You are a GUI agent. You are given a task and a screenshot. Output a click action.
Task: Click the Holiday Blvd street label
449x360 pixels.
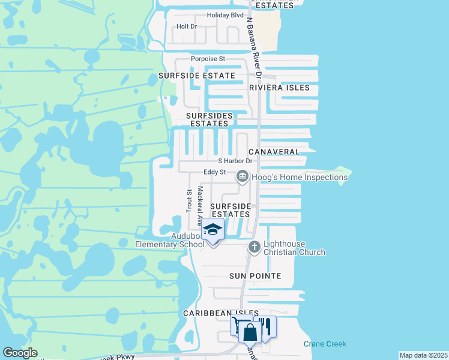[x=226, y=15]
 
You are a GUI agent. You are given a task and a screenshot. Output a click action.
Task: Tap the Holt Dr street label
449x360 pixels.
[x=187, y=27]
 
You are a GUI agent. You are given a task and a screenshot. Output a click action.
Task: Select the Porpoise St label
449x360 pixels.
[x=208, y=59]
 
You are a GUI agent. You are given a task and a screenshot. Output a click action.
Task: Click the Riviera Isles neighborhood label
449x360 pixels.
[x=280, y=88]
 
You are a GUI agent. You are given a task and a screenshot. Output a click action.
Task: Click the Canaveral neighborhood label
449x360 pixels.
[x=274, y=152]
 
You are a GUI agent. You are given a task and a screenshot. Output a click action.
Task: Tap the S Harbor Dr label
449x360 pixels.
[x=236, y=161]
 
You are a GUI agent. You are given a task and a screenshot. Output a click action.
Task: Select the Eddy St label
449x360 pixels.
[x=214, y=172]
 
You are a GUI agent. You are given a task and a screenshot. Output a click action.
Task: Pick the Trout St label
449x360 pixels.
[x=188, y=201]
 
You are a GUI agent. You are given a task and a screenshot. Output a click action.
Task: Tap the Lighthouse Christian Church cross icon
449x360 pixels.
[x=255, y=247]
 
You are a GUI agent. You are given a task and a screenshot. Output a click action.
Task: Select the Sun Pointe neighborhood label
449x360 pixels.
[x=256, y=276]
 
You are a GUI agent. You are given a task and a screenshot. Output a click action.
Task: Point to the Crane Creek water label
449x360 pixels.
[x=325, y=344]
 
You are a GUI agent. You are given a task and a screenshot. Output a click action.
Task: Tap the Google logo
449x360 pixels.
[x=20, y=353]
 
